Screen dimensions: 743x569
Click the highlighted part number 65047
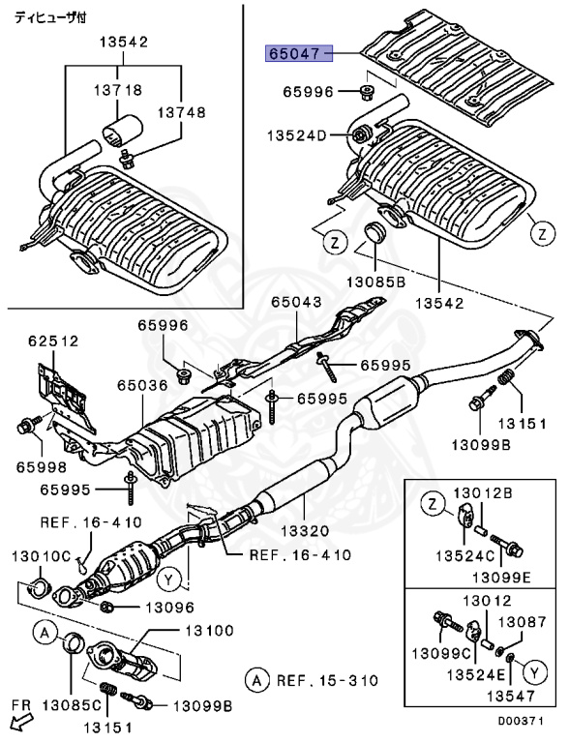[293, 54]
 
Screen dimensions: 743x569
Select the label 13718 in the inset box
[120, 90]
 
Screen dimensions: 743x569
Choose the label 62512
[53, 341]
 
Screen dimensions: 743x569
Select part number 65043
[295, 303]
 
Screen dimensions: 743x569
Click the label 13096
[169, 608]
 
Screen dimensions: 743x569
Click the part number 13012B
[494, 494]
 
